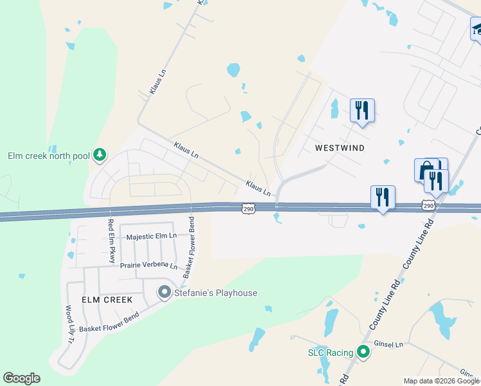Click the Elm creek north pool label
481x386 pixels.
point(48,156)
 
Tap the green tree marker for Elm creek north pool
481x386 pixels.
point(99,154)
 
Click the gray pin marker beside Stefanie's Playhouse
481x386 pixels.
point(164,293)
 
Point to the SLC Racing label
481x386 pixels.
point(331,353)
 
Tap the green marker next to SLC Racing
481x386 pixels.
point(363,352)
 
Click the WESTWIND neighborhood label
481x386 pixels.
point(340,148)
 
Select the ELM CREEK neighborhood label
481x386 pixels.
point(107,300)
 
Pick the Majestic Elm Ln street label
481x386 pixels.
point(151,236)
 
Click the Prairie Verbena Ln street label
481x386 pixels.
point(148,266)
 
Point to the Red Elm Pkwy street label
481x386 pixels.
point(111,241)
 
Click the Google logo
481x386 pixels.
point(21,378)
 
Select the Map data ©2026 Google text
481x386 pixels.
point(441,381)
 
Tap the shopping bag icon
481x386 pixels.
point(425,170)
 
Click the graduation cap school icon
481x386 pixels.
point(477,29)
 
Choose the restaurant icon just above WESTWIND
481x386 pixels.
point(362,109)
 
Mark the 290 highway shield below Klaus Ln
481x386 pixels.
point(248,208)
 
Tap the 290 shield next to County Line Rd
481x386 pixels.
point(429,205)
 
